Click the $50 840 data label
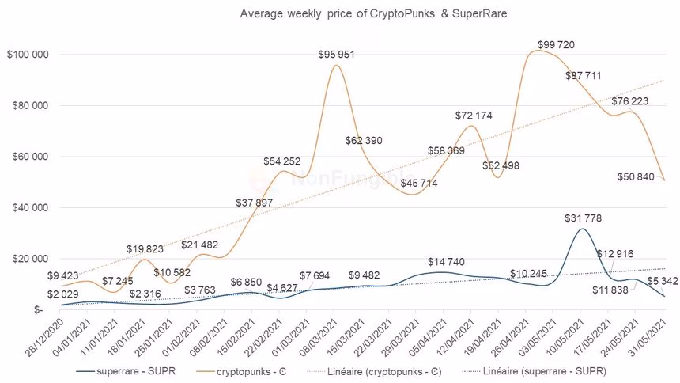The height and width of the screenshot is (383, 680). tap(636, 176)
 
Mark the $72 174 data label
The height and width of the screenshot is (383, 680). tap(474, 116)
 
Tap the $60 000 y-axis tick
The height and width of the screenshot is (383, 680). tap(30, 157)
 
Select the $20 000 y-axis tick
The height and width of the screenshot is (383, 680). tap(30, 259)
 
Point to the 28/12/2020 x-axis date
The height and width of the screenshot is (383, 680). tap(45, 339)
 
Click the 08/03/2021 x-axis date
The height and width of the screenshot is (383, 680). tap(315, 339)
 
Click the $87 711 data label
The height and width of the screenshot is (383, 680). tap(586, 76)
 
